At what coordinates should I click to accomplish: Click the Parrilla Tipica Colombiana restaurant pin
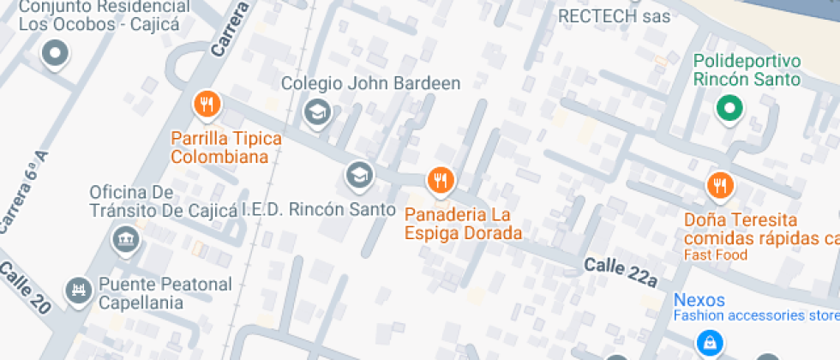[x=206, y=105]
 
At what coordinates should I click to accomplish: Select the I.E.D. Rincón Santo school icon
[x=359, y=176]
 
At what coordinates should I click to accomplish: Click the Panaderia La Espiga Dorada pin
[x=440, y=179]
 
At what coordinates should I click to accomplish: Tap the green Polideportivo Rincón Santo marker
[x=729, y=108]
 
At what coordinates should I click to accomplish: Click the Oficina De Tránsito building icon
[x=126, y=237]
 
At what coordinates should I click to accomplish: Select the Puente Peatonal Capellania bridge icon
[x=78, y=289]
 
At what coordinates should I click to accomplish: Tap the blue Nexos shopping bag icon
[x=708, y=343]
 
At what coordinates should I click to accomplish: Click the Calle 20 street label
[x=25, y=288]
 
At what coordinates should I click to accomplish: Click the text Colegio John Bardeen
[x=370, y=84]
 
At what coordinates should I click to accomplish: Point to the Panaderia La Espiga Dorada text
[x=464, y=223]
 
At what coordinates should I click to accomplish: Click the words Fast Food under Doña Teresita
[x=715, y=255]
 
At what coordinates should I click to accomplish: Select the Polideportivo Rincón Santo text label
[x=746, y=70]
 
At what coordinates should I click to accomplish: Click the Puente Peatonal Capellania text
[x=165, y=293]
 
